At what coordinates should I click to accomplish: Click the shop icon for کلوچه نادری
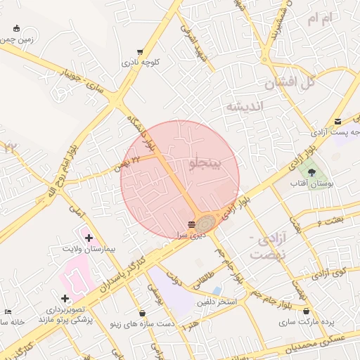pos(141,52)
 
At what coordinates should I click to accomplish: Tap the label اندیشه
pos(243,106)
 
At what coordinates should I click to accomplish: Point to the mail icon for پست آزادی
pos(338,121)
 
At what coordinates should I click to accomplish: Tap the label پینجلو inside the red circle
pos(205,163)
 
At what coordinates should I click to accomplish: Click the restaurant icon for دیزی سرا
pos(192,224)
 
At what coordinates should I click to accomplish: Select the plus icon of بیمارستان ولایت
pos(89,238)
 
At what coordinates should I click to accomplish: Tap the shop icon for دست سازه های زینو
pos(143,313)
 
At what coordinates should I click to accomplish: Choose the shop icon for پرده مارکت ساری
pos(306,311)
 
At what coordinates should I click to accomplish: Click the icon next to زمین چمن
pos(16,29)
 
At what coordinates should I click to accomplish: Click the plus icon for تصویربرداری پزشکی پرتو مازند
pos(65,298)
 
